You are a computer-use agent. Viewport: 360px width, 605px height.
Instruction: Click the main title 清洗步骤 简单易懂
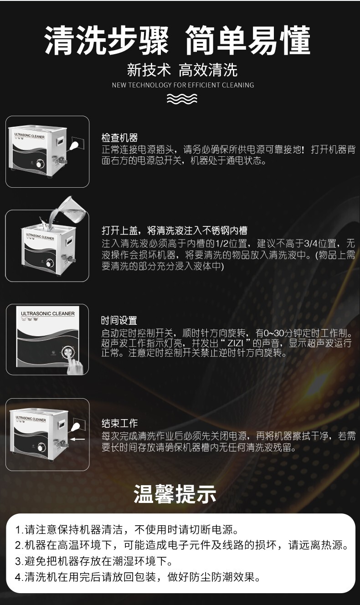point(178,41)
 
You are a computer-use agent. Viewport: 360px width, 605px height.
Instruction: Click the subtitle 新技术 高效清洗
point(182,70)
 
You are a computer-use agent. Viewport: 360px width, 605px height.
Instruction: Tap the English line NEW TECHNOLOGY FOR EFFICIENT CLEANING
point(183,85)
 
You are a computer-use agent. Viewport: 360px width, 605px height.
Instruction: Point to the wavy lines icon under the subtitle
point(182,99)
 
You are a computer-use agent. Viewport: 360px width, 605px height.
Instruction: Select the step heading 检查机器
point(119,138)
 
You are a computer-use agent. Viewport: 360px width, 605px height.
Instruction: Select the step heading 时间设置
point(119,321)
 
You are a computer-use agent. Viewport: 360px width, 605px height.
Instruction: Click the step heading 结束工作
point(119,424)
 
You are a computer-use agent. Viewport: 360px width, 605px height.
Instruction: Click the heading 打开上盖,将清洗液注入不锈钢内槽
point(175,231)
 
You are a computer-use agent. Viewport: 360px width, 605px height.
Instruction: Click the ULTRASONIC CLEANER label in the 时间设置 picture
point(47,314)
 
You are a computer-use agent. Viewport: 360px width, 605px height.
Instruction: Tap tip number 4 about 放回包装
point(138,578)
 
